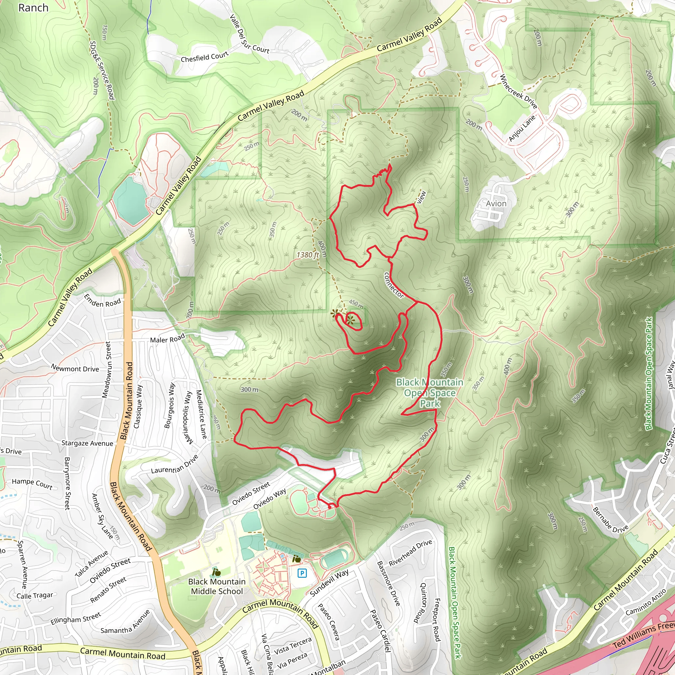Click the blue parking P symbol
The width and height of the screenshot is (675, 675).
coord(302,573)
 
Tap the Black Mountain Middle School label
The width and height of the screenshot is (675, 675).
coord(217,586)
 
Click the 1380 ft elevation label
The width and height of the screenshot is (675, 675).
coord(308,255)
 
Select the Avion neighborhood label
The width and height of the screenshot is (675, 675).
coord(496,204)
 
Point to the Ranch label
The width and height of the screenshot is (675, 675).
coord(33,8)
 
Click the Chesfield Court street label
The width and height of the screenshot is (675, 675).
coord(204,57)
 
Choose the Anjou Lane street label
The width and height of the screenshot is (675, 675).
coord(522,128)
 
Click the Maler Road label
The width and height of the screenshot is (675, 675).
coord(167,338)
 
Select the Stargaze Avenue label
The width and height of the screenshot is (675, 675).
coord(87,443)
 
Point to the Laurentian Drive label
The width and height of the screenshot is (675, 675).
coord(175,464)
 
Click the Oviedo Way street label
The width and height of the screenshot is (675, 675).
coord(269,499)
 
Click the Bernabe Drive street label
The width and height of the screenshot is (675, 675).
coord(610,520)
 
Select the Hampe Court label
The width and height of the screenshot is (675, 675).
coord(32,484)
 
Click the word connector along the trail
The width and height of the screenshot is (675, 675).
coord(394,285)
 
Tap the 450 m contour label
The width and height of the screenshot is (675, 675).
coord(356,304)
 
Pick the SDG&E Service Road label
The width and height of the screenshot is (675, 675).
coord(102,70)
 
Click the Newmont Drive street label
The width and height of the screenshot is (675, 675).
coord(75,368)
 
